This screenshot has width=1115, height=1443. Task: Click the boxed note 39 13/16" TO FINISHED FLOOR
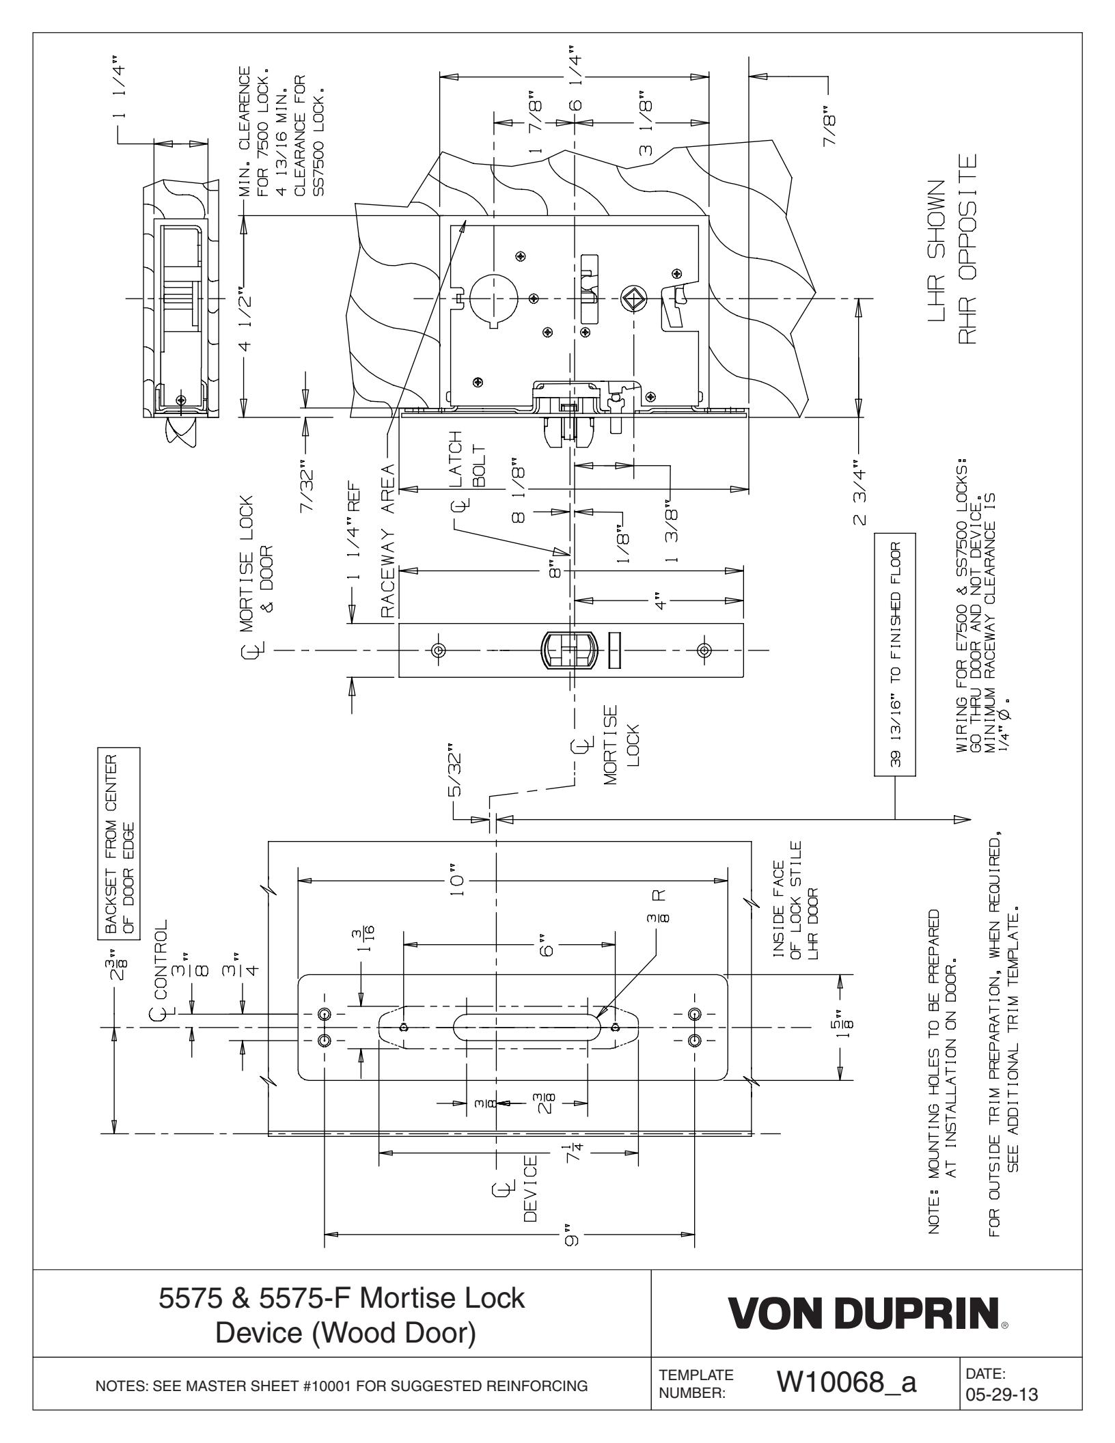[x=894, y=629]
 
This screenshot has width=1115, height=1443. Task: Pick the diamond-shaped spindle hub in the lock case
[x=632, y=299]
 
